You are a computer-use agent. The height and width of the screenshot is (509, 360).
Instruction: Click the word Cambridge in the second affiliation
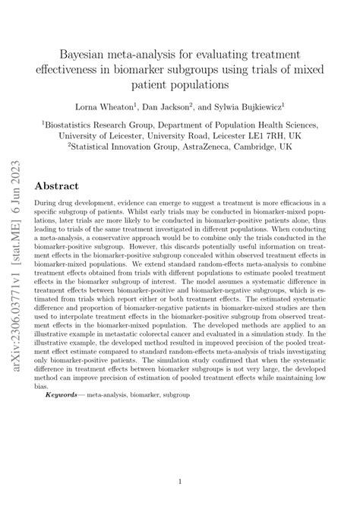tap(287, 147)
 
